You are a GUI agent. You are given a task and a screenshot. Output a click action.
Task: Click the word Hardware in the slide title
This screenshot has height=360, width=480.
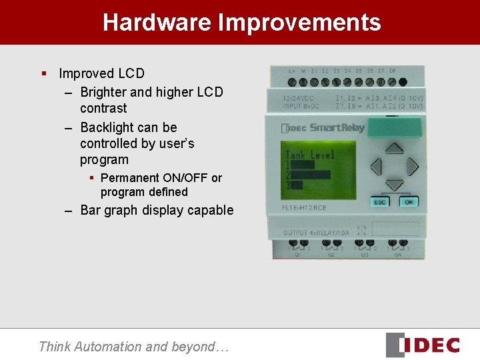(157, 23)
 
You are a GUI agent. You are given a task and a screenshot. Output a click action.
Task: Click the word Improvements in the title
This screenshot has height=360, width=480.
(299, 23)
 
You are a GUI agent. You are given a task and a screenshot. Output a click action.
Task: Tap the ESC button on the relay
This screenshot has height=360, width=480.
(380, 202)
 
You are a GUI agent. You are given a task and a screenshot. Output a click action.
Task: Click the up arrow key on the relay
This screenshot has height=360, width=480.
(395, 149)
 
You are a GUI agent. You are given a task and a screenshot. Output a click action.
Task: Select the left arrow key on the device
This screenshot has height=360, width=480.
(377, 166)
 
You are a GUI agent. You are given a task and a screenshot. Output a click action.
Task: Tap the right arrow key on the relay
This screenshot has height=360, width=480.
(413, 166)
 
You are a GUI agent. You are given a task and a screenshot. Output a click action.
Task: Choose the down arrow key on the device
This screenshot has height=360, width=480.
(395, 184)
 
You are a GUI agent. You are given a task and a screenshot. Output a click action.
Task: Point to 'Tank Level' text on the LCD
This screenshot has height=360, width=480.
(310, 155)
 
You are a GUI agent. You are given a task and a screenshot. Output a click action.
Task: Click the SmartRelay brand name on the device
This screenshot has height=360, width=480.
(337, 127)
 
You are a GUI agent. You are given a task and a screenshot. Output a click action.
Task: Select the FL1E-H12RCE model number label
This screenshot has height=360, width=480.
(304, 208)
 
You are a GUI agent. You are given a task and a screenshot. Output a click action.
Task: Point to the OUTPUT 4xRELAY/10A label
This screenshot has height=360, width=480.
(317, 233)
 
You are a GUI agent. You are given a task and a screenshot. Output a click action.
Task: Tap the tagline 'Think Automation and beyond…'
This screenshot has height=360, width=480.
(133, 347)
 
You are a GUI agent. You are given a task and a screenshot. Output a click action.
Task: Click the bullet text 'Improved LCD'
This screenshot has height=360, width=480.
(101, 73)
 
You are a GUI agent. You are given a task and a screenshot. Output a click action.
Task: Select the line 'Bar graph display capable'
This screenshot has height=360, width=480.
(157, 210)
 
